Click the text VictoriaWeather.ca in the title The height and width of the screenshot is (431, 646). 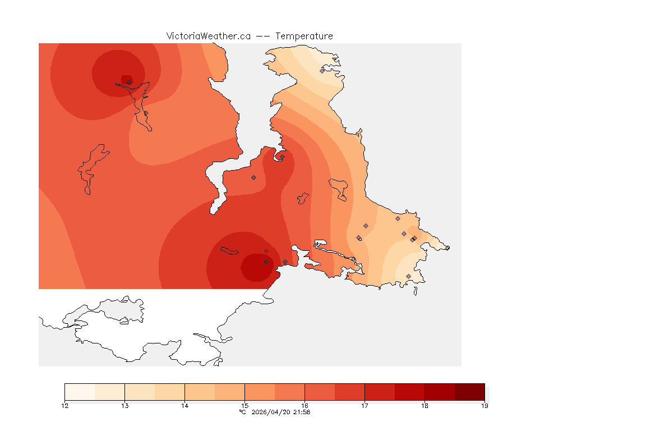(208, 36)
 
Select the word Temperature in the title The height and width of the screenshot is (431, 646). (304, 36)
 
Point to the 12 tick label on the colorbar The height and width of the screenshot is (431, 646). (65, 406)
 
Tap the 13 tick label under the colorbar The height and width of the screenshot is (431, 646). (124, 406)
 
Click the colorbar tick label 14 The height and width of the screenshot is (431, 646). (184, 406)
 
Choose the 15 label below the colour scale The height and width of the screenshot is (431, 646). (244, 406)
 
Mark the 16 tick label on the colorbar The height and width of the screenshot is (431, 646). (304, 406)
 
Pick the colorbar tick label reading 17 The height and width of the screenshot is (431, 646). (364, 406)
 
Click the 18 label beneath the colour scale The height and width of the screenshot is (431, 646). (424, 406)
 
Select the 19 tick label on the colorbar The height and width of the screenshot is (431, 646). (484, 406)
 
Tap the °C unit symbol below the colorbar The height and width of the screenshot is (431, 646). (242, 412)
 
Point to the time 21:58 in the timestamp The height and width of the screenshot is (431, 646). (302, 412)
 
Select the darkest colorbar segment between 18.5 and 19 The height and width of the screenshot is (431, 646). (469, 391)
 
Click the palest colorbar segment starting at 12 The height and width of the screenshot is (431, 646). (80, 391)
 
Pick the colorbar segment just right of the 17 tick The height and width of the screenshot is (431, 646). (380, 391)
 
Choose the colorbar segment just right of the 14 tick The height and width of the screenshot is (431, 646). (200, 391)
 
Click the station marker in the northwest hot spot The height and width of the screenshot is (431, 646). (129, 82)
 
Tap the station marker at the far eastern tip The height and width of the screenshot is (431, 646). (447, 248)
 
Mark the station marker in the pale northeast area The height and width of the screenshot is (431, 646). (322, 71)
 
